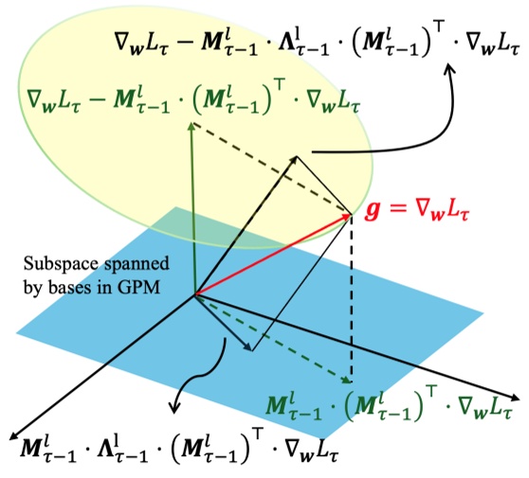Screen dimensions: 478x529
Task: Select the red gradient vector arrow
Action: [275, 255]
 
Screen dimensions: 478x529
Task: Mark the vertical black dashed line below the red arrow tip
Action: [353, 303]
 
